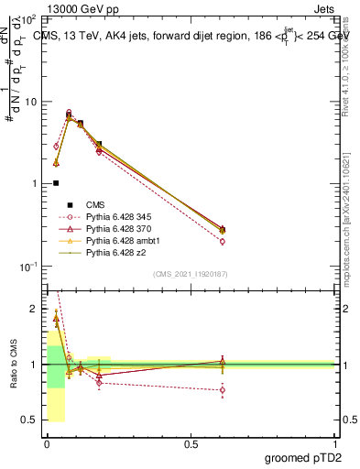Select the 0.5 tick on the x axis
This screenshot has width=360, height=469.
coord(191,444)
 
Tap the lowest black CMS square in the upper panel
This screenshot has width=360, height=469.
coord(56,183)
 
